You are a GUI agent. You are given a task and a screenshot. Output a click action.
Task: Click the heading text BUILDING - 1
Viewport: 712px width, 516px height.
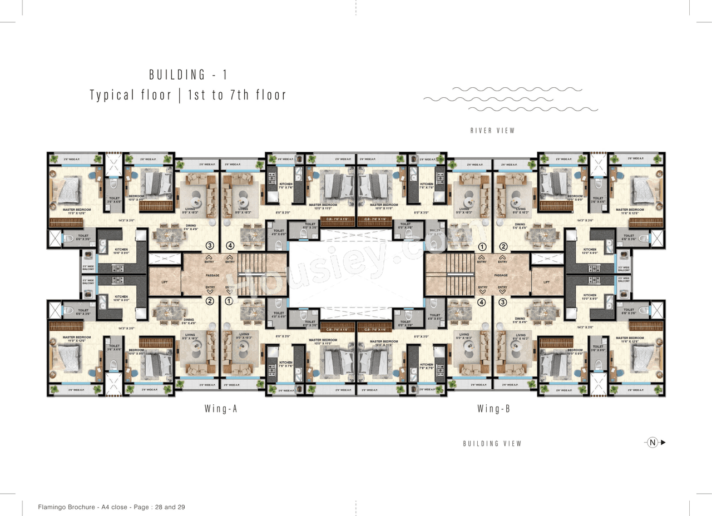[188, 75]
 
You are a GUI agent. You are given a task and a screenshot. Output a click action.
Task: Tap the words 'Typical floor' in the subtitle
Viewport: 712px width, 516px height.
[131, 95]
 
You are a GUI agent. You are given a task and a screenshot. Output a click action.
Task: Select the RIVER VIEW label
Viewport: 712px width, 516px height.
[492, 131]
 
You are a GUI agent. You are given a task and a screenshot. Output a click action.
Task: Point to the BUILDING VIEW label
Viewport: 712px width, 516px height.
[492, 444]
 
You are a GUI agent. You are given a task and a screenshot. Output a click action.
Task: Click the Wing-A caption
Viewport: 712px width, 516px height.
[221, 409]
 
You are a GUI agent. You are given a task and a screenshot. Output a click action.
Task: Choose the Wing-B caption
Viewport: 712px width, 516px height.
[493, 409]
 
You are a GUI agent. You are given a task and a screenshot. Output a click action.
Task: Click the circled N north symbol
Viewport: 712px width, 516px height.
[652, 443]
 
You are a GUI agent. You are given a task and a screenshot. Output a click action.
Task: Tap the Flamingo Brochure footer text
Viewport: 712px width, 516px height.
[111, 507]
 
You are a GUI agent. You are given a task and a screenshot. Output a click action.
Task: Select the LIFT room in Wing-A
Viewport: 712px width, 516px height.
[164, 282]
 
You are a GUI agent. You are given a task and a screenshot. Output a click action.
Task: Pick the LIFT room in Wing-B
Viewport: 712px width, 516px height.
[547, 282]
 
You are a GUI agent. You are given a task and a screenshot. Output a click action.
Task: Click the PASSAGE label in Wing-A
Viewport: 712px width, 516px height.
[212, 275]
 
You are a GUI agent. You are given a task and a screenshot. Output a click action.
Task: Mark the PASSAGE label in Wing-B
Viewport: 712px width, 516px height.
[501, 275]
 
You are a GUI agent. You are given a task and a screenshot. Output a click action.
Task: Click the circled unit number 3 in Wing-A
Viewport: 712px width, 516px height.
[210, 245]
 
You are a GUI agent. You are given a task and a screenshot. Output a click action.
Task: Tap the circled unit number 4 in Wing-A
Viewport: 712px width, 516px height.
[230, 245]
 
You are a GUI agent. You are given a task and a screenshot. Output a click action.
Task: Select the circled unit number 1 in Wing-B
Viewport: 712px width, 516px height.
[482, 246]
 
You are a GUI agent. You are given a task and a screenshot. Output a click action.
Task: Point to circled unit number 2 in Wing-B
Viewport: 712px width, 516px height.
[503, 246]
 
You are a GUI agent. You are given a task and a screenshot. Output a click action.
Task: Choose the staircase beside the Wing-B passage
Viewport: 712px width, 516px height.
[450, 274]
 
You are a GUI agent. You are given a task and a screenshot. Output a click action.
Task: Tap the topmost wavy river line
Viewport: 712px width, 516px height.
[517, 89]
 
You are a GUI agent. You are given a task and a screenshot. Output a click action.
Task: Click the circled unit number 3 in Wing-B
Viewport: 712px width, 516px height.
[502, 302]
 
